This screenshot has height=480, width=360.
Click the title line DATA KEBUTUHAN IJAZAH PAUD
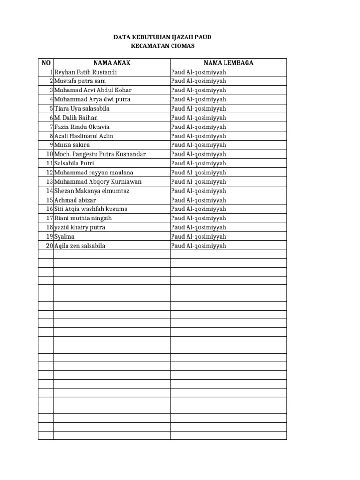(x=162, y=37)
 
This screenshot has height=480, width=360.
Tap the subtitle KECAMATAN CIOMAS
(x=162, y=46)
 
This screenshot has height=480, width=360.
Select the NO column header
(x=46, y=63)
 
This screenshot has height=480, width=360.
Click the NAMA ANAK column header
(x=112, y=63)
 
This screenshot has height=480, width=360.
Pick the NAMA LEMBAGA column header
(x=228, y=63)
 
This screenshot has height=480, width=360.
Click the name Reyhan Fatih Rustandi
(x=86, y=72)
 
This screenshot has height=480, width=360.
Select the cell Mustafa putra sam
(x=80, y=81)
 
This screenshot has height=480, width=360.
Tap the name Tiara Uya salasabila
(x=82, y=108)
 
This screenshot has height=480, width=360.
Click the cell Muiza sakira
(x=72, y=145)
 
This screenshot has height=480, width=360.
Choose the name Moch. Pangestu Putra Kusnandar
(x=100, y=154)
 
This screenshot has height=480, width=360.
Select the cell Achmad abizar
(x=75, y=200)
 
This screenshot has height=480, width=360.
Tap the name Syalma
(x=64, y=236)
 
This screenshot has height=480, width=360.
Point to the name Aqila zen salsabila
(x=80, y=246)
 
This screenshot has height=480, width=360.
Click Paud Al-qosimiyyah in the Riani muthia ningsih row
(x=199, y=218)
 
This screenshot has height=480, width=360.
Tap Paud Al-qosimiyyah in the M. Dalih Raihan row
(x=199, y=118)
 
